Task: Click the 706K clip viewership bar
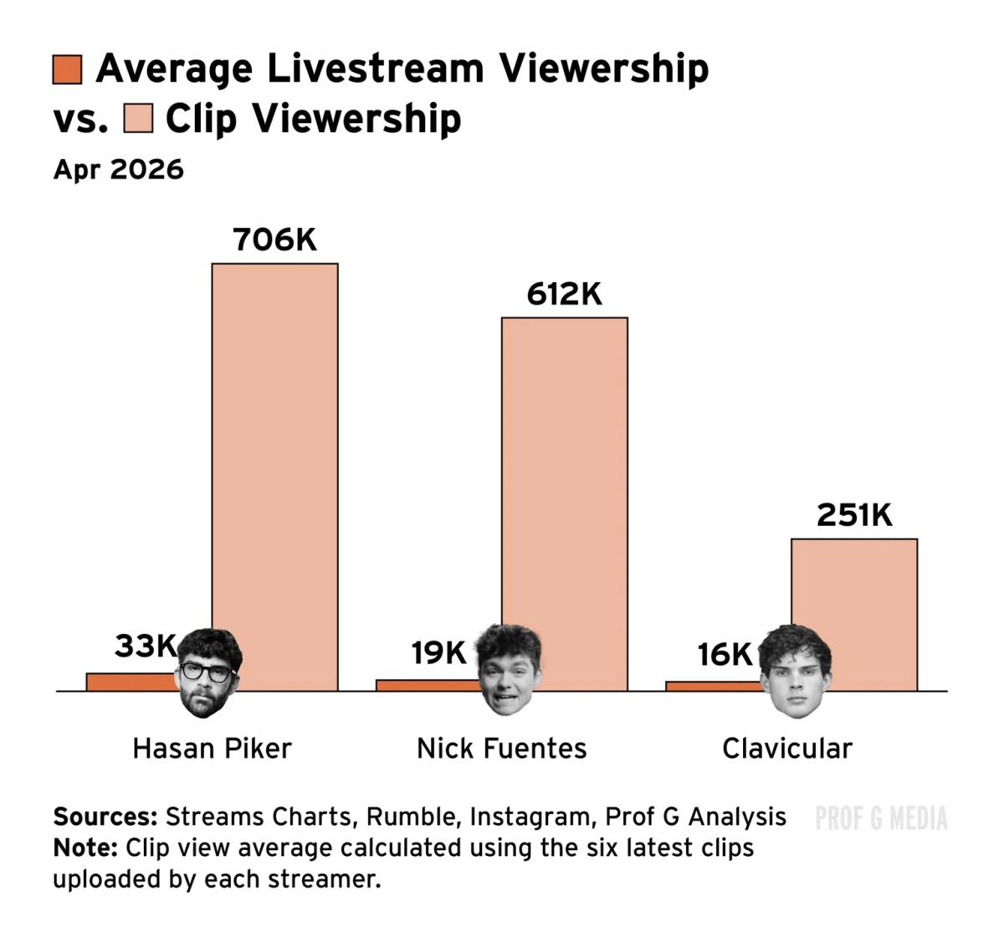point(274,469)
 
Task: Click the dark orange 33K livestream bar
point(130,682)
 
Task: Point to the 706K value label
point(275,240)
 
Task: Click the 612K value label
point(565,295)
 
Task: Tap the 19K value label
point(438,652)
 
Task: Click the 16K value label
point(725,655)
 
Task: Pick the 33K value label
point(146,646)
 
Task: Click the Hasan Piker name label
point(212,748)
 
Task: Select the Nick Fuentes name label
point(502,748)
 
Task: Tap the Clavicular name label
point(786,748)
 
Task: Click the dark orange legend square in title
point(67,70)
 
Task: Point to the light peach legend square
point(138,118)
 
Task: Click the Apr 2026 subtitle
point(118,169)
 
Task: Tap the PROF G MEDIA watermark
point(881,818)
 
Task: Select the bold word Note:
point(85,848)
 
